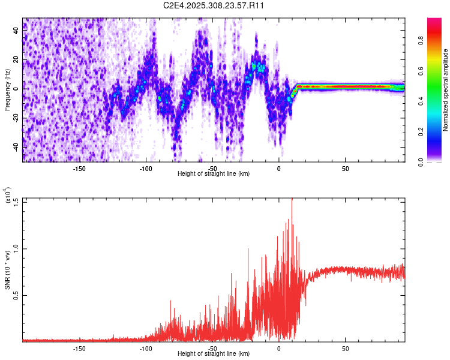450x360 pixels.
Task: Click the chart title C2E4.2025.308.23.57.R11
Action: pos(214,6)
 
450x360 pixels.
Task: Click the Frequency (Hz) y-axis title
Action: pos(7,90)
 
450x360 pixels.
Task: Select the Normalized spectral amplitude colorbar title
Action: pos(446,90)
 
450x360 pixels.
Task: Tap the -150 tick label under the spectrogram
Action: pos(79,169)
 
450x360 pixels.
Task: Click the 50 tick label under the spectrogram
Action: pos(345,169)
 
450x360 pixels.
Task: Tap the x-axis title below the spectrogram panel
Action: pos(214,174)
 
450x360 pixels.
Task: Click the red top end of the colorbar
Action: pos(434,20)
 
